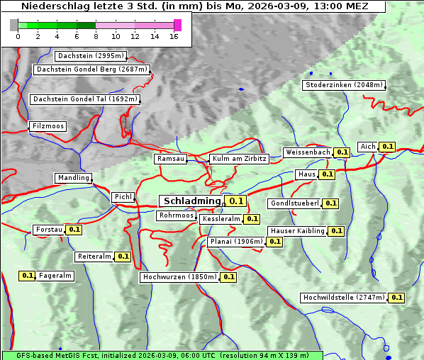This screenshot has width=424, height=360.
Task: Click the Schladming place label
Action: (192, 201)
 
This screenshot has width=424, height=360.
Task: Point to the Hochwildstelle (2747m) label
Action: (344, 298)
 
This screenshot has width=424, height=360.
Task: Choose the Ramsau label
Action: (170, 159)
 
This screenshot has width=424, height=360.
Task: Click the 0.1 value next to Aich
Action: (387, 147)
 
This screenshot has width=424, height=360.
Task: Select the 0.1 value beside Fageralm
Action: (28, 276)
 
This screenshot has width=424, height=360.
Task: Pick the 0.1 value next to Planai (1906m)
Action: (275, 242)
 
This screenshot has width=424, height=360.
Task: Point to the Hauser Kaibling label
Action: (297, 231)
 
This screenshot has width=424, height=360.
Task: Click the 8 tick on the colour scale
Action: (96, 36)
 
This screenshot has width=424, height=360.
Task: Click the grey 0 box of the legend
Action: (14, 25)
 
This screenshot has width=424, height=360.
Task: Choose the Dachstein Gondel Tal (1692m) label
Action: (85, 99)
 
